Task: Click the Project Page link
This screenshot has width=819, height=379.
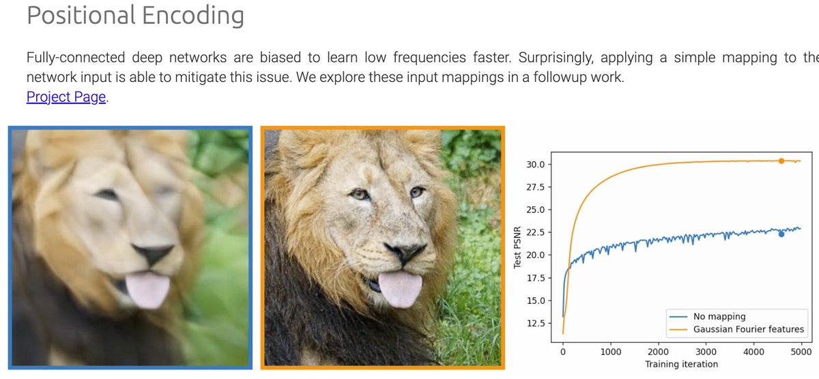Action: pos(66,97)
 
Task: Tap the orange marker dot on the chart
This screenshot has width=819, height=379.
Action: pos(781,160)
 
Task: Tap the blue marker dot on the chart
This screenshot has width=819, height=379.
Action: pos(781,234)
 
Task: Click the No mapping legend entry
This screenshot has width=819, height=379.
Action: pos(719,316)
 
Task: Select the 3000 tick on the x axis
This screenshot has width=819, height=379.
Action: pos(706,352)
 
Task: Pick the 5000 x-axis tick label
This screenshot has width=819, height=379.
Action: pos(801,352)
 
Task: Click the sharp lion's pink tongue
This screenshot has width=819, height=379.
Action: pos(399,288)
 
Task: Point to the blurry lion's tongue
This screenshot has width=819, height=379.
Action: pos(149,288)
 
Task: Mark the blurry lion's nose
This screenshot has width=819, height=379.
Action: pos(154,254)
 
